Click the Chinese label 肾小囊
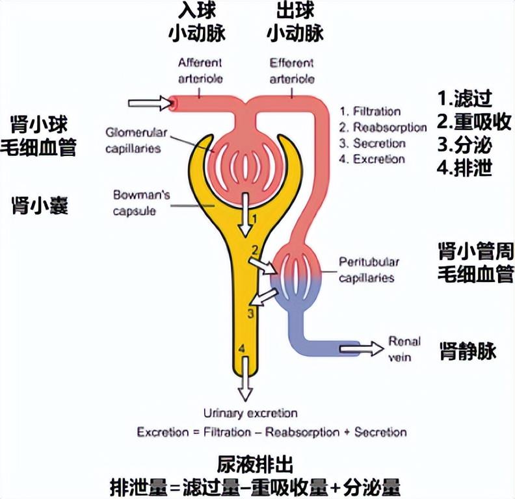(x=41, y=206)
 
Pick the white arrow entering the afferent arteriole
(x=148, y=103)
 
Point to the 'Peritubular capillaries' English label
(x=369, y=270)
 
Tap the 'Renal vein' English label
(x=404, y=349)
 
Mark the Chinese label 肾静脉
(x=468, y=351)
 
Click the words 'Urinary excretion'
(x=250, y=414)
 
